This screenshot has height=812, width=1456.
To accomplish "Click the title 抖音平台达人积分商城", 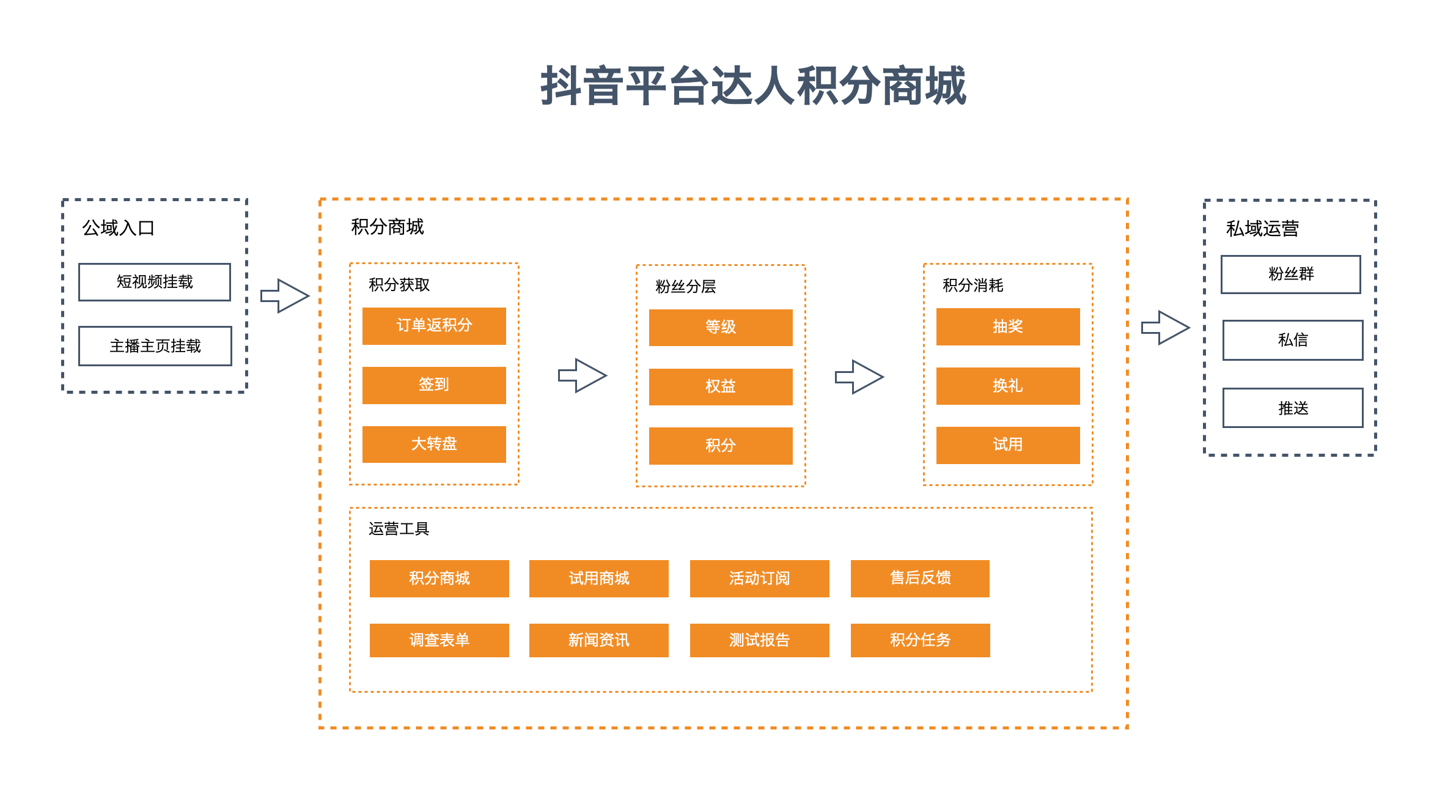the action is [x=753, y=86].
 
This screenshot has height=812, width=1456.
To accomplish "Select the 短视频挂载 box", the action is [x=155, y=282].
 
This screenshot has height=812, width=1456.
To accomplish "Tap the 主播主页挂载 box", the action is [x=155, y=346].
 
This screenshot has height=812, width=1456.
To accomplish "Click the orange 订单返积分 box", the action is [x=434, y=326].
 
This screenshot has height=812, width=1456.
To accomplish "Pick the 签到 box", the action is [x=434, y=385].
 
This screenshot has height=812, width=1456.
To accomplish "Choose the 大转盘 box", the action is [x=434, y=445].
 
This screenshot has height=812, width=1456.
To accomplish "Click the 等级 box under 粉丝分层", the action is [x=721, y=328].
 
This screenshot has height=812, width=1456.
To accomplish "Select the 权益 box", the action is [x=721, y=387].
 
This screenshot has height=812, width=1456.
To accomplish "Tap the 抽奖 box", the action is [x=1008, y=327].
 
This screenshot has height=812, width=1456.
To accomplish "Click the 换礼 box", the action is [x=1008, y=386].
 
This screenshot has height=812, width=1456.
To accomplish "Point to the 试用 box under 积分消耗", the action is [x=1008, y=445].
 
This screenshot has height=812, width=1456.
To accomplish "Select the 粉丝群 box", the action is [x=1291, y=275].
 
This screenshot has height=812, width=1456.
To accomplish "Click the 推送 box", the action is [x=1293, y=408].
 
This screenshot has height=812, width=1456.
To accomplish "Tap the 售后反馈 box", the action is [x=920, y=578].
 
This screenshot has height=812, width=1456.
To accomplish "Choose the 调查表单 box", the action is [x=439, y=640].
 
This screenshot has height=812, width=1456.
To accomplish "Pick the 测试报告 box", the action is [x=760, y=640].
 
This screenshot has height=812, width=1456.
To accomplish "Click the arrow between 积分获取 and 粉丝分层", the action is [x=583, y=375].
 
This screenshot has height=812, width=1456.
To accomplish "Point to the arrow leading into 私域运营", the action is [x=1166, y=328].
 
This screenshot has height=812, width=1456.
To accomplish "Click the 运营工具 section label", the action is [x=399, y=529].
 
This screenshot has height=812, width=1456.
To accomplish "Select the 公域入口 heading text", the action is [x=118, y=228].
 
